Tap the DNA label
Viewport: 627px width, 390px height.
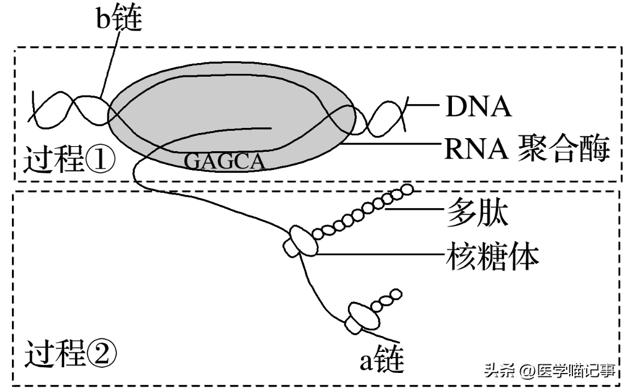point(477,106)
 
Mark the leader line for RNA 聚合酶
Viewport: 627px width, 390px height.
point(392,144)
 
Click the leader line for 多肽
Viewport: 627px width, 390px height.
point(415,210)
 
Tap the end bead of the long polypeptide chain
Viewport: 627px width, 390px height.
point(407,190)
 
